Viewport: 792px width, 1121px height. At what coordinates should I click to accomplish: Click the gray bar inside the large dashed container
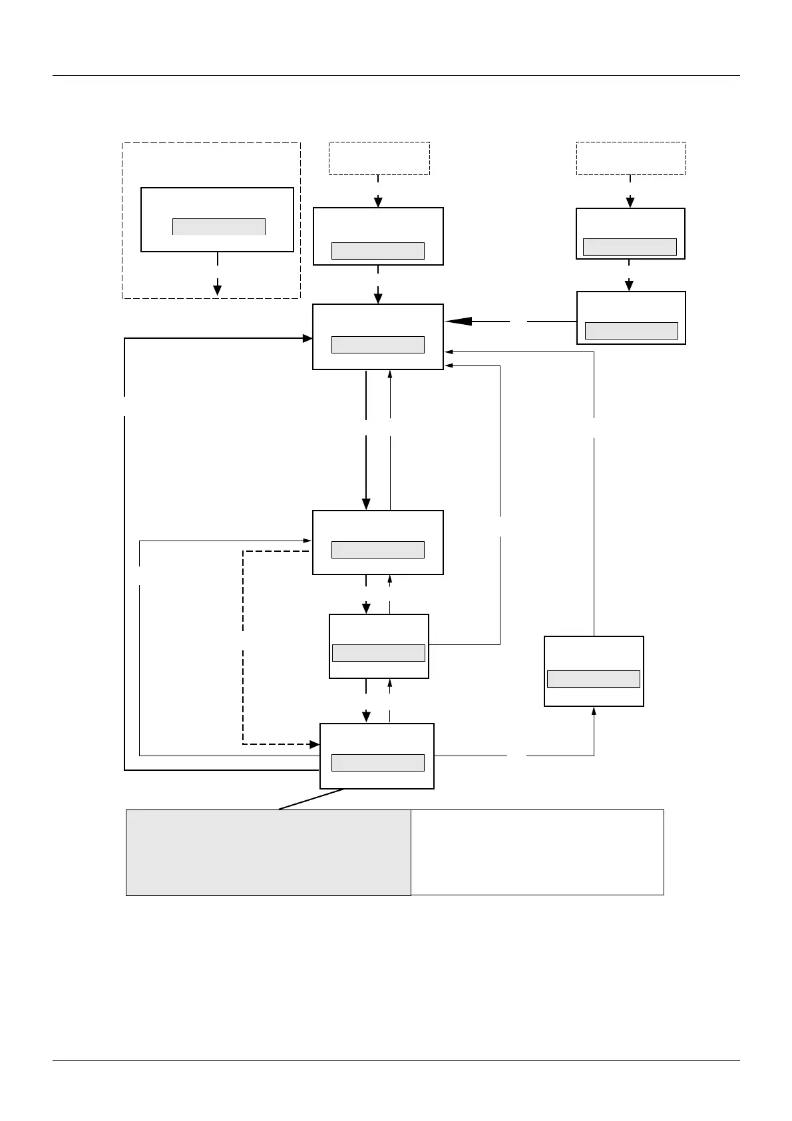point(219,226)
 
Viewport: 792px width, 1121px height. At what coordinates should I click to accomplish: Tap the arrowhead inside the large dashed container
point(217,290)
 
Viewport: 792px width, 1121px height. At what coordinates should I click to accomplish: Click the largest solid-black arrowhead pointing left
point(459,322)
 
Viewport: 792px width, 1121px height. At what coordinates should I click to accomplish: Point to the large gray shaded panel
point(268,853)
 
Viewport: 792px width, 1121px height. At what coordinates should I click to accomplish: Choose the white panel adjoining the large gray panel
point(537,852)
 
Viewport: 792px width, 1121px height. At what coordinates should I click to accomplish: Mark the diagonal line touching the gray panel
point(311,799)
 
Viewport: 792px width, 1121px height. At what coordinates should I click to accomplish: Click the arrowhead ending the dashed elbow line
point(315,744)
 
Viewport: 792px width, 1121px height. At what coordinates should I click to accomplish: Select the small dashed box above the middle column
point(379,158)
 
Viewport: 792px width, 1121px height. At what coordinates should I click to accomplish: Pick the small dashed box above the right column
point(630,158)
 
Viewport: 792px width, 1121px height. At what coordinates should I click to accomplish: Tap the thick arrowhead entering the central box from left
point(307,338)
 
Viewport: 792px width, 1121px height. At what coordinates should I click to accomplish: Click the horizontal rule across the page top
point(396,76)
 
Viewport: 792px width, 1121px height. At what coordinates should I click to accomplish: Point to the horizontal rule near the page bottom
point(396,1061)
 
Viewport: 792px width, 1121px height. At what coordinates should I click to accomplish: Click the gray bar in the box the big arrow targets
point(378,344)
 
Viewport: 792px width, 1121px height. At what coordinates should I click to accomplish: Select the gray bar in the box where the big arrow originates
point(631,331)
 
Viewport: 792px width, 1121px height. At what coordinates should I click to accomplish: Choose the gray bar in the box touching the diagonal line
point(378,763)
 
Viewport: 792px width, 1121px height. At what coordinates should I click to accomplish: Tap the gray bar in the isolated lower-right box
point(593,679)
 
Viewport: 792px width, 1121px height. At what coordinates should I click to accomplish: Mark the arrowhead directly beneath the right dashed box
point(630,202)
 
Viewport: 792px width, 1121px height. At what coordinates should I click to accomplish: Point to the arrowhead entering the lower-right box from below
point(594,711)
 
